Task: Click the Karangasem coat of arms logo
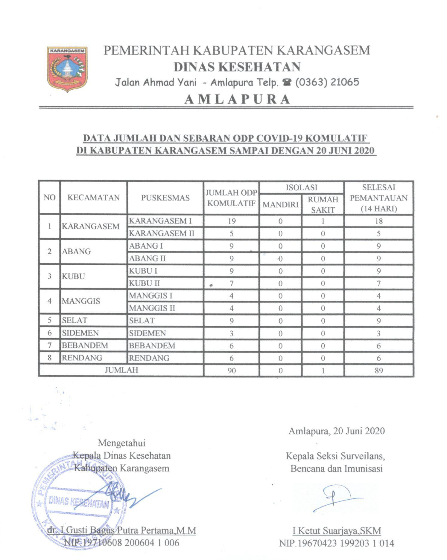(x=67, y=69)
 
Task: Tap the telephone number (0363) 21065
(x=327, y=82)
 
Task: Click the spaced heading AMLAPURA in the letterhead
(x=237, y=99)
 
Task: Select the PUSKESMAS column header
(x=165, y=198)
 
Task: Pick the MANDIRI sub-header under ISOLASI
(x=280, y=204)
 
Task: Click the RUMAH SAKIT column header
(x=323, y=204)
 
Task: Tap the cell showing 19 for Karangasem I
(x=231, y=221)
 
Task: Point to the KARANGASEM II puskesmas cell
(x=162, y=233)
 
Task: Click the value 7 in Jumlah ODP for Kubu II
(x=231, y=283)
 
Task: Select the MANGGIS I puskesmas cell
(x=150, y=296)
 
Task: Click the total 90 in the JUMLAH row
(x=231, y=371)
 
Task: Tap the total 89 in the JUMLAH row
(x=378, y=371)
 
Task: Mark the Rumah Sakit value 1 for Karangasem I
(x=323, y=221)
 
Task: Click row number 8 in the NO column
(x=50, y=358)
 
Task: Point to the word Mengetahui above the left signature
(x=121, y=443)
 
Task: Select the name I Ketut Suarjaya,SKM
(x=337, y=531)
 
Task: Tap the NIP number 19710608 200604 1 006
(x=122, y=543)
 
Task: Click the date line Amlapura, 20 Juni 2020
(x=336, y=431)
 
